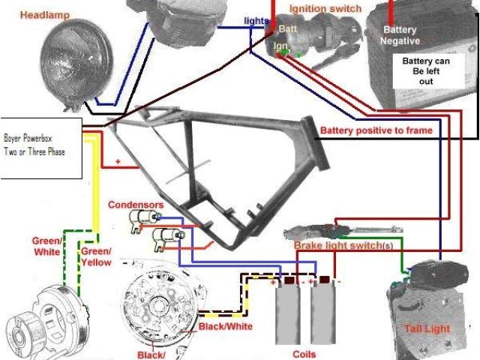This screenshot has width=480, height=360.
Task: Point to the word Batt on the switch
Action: [288, 28]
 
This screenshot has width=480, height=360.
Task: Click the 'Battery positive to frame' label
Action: [376, 130]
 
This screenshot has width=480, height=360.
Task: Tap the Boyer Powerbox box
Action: [41, 147]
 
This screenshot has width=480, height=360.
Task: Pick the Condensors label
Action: [135, 204]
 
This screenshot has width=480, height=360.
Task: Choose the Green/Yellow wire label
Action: [96, 256]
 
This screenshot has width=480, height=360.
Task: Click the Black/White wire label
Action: [225, 327]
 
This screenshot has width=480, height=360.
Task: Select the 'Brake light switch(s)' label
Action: [343, 246]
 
